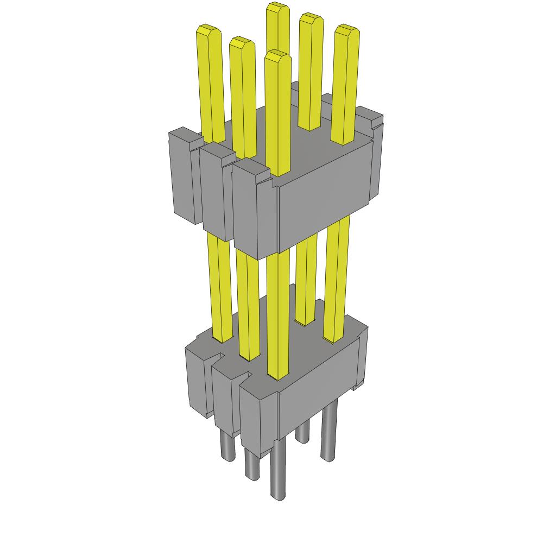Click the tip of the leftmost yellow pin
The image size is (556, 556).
[208, 30]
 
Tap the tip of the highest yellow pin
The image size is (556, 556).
[277, 8]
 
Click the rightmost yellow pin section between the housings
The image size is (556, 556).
[337, 277]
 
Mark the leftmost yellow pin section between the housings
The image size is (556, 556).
[220, 288]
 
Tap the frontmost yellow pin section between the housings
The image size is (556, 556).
[278, 315]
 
